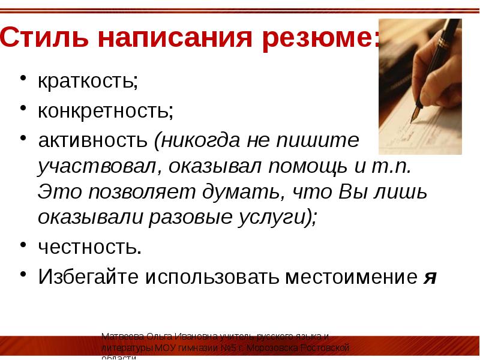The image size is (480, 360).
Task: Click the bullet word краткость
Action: (88, 82)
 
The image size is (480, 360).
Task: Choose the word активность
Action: (94, 141)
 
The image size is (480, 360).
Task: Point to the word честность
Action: (89, 247)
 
